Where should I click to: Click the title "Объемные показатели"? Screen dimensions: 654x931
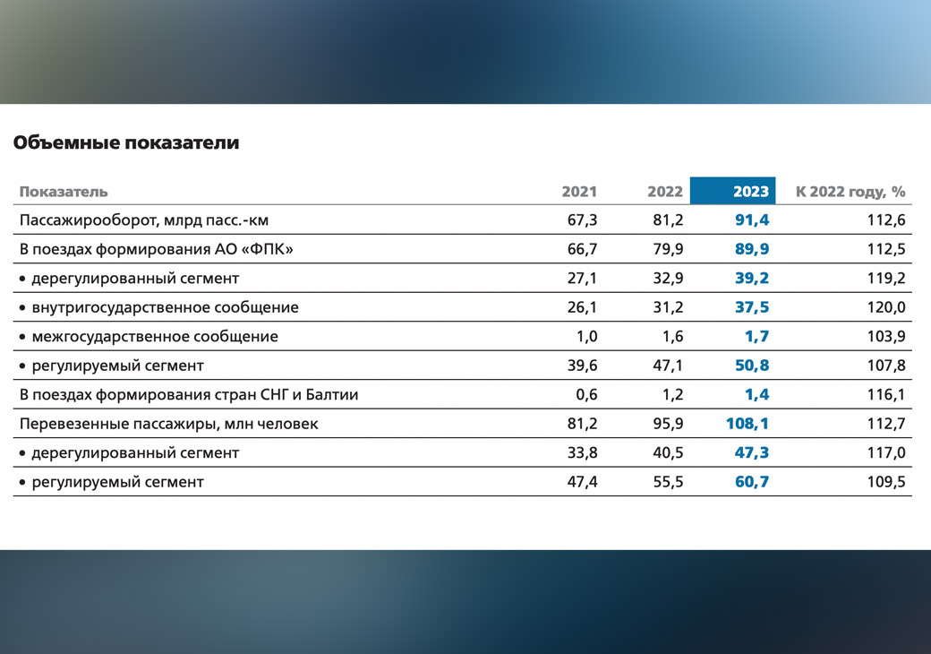[x=126, y=142]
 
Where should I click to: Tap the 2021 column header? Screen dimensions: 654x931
[x=579, y=191]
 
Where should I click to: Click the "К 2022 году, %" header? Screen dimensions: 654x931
[x=850, y=191]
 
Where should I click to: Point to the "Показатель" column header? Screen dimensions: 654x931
[x=64, y=191]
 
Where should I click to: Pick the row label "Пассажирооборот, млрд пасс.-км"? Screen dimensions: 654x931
[x=144, y=219]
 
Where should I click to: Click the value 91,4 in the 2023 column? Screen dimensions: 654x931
[x=752, y=219]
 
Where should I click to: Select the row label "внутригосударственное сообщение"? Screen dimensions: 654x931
[x=165, y=307]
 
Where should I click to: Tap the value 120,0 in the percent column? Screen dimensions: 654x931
[x=887, y=307]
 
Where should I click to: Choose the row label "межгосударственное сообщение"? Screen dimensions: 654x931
[x=155, y=337]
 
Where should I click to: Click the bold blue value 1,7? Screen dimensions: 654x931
[x=756, y=337]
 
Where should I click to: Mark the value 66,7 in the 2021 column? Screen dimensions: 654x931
[x=582, y=249]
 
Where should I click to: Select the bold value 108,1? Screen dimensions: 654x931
[x=747, y=424]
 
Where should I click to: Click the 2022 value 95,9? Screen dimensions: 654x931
[x=668, y=424]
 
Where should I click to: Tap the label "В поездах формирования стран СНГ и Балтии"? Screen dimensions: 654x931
[x=189, y=395]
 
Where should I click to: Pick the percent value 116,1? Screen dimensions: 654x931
[x=887, y=395]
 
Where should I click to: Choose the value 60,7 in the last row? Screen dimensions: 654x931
[x=752, y=482]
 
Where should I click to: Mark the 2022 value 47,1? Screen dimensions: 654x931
[x=668, y=366]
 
